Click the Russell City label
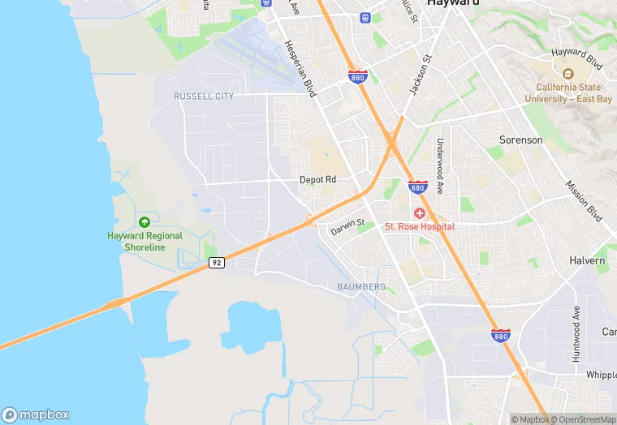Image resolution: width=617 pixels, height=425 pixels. tap(204, 97)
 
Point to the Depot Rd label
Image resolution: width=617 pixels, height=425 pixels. tap(317, 180)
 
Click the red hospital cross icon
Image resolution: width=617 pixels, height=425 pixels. tap(420, 213)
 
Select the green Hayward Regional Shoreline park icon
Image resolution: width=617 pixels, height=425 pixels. tap(145, 221)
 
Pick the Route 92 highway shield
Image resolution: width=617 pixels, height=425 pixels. tap(216, 263)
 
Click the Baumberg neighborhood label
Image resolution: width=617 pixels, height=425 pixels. tap(361, 287)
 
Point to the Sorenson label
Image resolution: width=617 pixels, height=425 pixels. tap(520, 140)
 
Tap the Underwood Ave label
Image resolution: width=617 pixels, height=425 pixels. tap(440, 159)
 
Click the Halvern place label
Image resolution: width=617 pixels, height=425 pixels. tap(588, 261)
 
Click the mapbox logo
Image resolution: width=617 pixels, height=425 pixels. tap(35, 414)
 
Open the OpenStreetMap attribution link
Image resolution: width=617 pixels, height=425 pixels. tap(580, 419)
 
